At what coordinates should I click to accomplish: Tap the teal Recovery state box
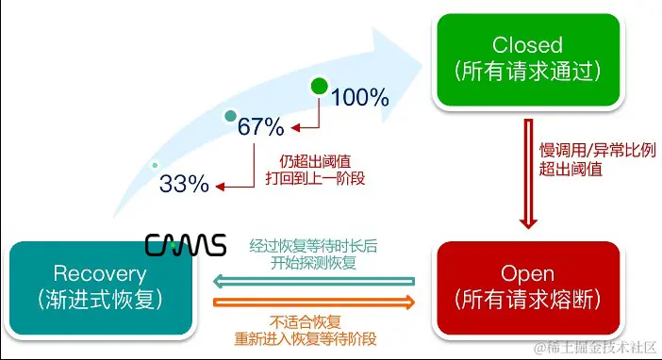click(101, 286)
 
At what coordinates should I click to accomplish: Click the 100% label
click(360, 96)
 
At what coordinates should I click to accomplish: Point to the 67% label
click(261, 126)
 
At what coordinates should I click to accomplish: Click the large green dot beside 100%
click(320, 89)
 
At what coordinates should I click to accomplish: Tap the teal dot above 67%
click(229, 116)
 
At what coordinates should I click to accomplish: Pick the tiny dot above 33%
click(156, 166)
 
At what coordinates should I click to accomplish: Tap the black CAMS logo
click(186, 246)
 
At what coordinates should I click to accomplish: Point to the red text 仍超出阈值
click(316, 159)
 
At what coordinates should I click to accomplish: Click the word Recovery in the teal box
click(101, 274)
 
